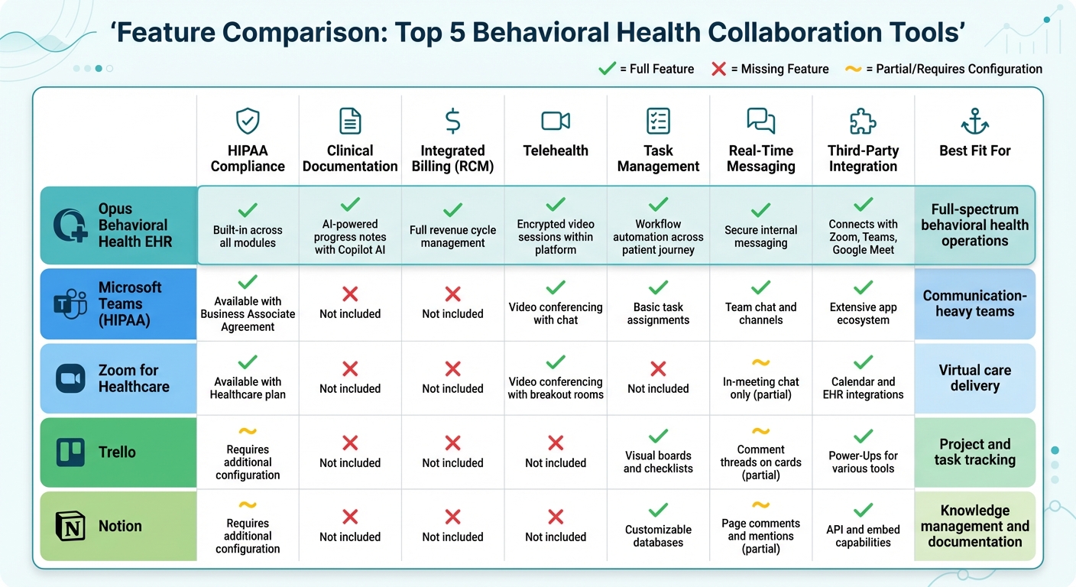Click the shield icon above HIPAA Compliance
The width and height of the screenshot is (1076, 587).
(248, 121)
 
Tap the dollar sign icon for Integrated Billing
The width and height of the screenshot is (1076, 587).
(452, 121)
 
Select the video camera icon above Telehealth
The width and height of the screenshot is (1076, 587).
(556, 121)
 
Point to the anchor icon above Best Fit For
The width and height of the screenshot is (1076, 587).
(975, 121)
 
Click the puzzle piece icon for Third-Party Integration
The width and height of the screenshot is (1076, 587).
(863, 121)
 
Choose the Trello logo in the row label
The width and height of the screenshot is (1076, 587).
(71, 452)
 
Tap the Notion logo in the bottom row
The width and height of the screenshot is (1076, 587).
(71, 527)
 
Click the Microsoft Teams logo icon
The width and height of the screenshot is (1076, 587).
(71, 304)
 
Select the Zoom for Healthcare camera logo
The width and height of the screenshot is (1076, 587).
(71, 378)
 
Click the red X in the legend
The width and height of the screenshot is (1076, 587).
(718, 69)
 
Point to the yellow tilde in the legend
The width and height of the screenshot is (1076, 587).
(854, 69)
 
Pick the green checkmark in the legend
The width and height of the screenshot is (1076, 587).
(607, 69)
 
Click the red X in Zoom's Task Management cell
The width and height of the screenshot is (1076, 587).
(658, 369)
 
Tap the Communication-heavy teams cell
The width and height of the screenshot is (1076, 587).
(974, 303)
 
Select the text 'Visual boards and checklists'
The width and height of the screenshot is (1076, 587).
(658, 462)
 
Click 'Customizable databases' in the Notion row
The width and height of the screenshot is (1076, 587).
(658, 536)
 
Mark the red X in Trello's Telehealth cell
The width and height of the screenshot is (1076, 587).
(556, 443)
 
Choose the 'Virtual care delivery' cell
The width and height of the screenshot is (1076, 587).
(974, 378)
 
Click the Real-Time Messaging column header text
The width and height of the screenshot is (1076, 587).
(760, 158)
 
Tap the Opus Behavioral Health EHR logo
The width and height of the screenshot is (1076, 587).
(71, 226)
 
